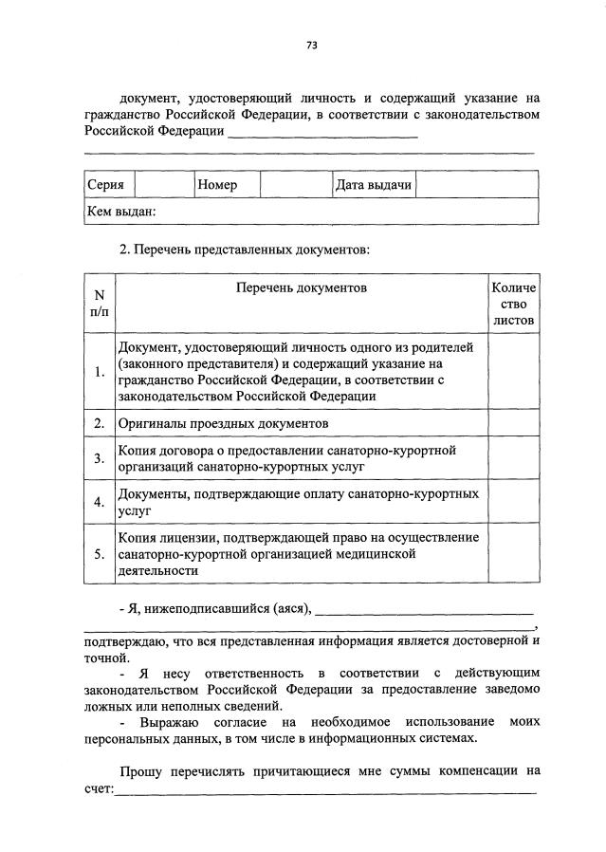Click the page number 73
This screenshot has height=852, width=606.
(x=310, y=44)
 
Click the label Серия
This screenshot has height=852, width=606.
(x=105, y=184)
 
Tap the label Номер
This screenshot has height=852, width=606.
(x=217, y=184)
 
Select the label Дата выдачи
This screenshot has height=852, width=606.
(x=373, y=184)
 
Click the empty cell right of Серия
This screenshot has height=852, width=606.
(x=164, y=184)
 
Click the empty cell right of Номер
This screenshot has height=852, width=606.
(x=294, y=184)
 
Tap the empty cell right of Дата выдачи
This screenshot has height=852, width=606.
(x=477, y=184)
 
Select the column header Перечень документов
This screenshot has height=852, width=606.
(x=302, y=287)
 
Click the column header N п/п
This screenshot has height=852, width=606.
(x=99, y=304)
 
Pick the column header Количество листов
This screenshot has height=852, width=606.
(x=513, y=304)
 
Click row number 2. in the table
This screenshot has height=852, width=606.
(x=99, y=422)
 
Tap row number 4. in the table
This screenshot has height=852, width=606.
(x=99, y=502)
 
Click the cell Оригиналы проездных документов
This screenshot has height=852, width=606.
(x=223, y=422)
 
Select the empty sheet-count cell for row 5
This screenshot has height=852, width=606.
(x=513, y=554)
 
